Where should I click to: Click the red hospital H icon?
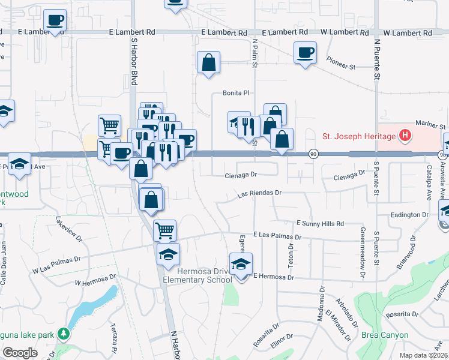pos(406,136)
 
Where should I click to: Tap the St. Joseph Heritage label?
pos(360,136)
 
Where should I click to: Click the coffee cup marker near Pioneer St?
pos(305,54)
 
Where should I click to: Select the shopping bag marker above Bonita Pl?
pos(208,62)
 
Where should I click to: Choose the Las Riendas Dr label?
pos(259,194)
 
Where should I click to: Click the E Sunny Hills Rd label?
pos(320,223)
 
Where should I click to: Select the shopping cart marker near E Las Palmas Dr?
pos(164,230)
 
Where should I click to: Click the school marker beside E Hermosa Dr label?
pos(241,264)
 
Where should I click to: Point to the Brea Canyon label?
pos(385,335)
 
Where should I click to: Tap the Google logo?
pos(20,353)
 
